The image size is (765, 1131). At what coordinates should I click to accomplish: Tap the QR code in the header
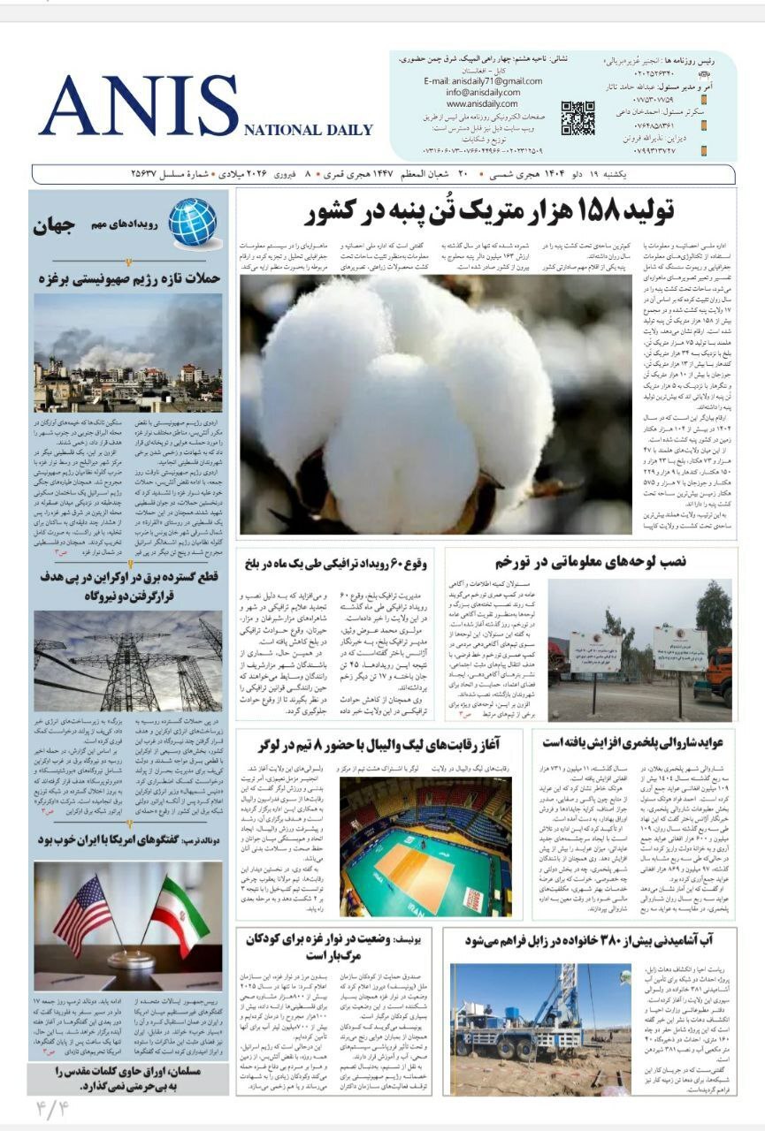point(578,118)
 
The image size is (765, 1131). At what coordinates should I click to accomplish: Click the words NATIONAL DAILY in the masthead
point(308,130)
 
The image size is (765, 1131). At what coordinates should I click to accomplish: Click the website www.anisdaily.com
point(482,103)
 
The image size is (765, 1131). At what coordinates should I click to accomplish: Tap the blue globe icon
point(192,222)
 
